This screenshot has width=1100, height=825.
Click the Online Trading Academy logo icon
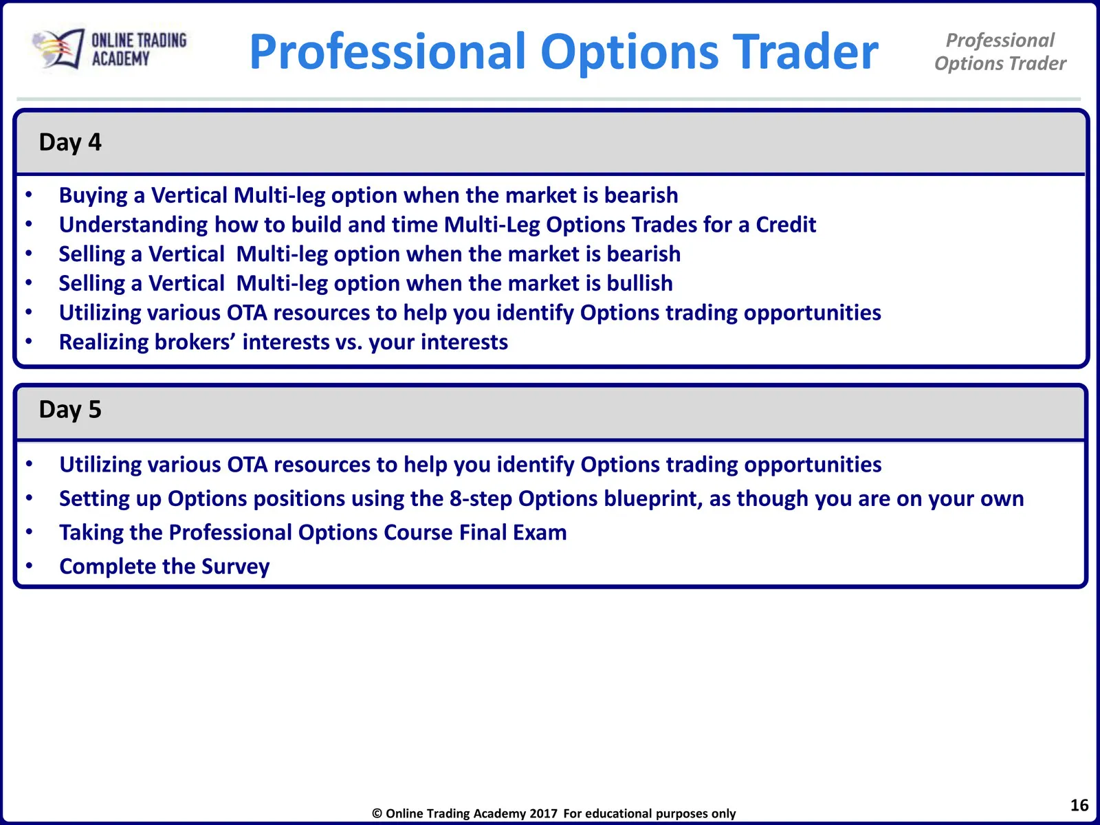point(58,49)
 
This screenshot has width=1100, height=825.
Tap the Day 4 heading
point(70,143)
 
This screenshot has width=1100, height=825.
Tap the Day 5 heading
point(70,410)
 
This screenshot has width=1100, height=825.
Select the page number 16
point(1079,805)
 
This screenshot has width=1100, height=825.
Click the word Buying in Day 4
point(93,196)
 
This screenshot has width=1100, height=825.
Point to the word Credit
point(786,224)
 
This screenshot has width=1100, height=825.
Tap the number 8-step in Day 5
point(481,499)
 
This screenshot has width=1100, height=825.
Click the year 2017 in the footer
point(544,813)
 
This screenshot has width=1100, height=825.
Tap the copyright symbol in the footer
point(377,813)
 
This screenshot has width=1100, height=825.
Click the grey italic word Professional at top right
point(1000,41)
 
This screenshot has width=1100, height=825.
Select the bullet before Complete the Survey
point(29,566)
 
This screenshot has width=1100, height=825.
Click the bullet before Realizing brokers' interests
point(29,342)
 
